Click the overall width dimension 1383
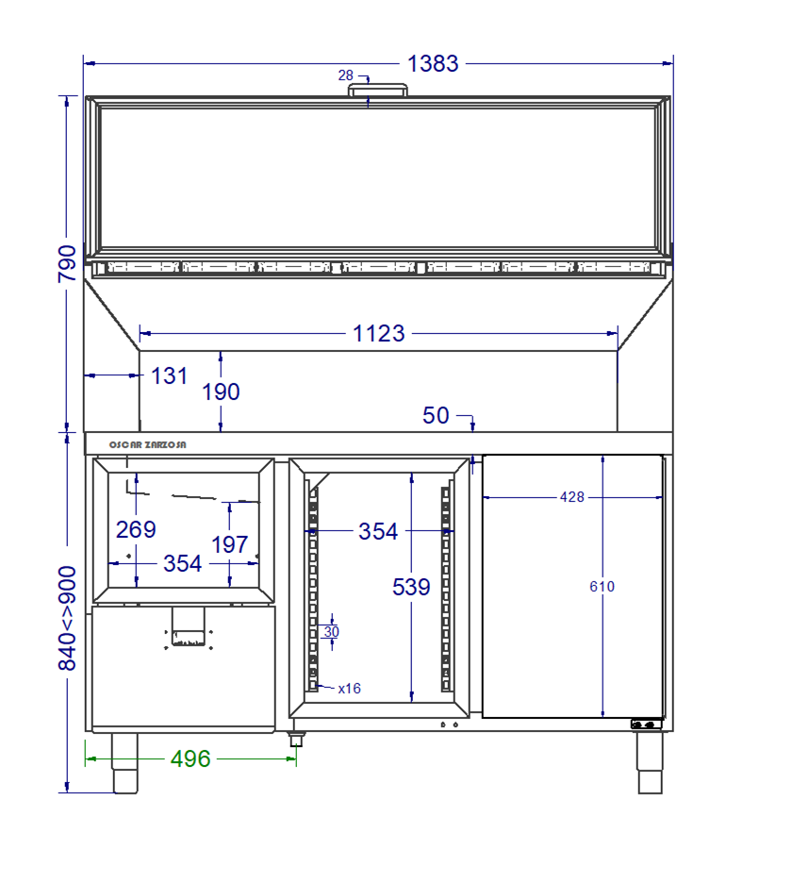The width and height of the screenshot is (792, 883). point(433,63)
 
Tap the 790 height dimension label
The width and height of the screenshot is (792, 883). point(67,263)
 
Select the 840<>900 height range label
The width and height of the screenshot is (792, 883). point(67,618)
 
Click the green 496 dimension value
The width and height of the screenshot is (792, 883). point(190,758)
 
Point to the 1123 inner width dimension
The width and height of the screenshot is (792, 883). point(379,333)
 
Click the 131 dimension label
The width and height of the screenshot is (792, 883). point(169,375)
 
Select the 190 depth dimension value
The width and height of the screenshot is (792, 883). point(221,392)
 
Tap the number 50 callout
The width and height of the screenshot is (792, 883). point(436,416)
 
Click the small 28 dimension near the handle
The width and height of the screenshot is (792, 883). point(346,75)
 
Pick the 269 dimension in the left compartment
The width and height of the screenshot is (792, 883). point(136,529)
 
